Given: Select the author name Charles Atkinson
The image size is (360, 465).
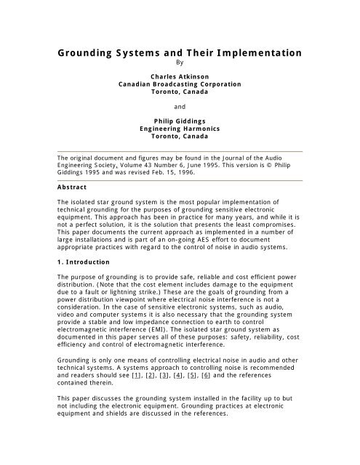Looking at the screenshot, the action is point(179,76).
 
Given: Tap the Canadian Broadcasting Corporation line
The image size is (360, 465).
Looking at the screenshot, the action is point(179,84).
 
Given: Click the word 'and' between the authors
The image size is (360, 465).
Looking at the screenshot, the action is point(180,105).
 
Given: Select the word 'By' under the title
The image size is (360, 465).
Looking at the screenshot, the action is point(180,63).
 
